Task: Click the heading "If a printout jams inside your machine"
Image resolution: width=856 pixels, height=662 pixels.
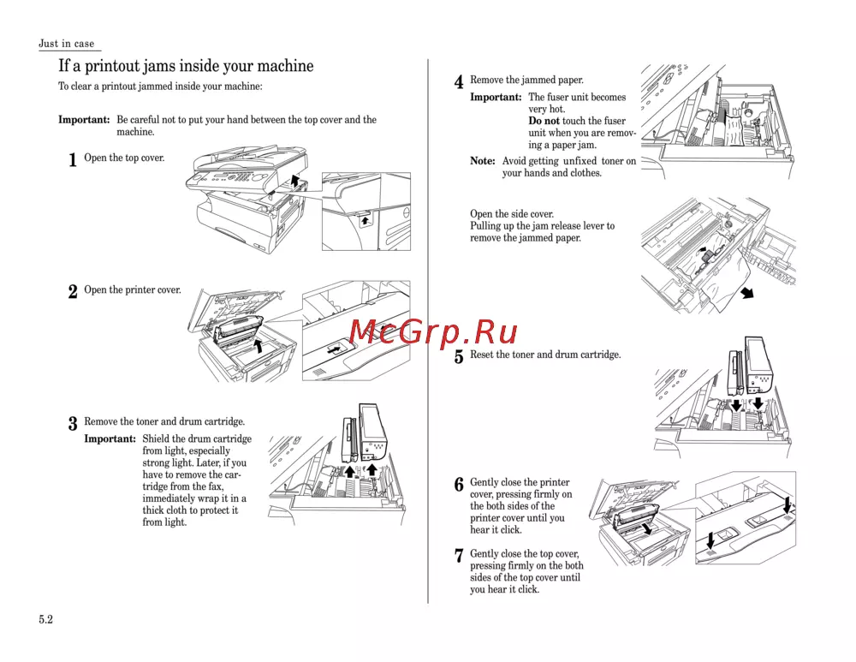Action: click(186, 66)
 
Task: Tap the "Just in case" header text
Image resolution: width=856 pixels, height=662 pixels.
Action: click(67, 44)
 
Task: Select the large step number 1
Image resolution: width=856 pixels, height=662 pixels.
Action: click(73, 160)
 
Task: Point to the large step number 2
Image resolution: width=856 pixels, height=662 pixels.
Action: click(73, 292)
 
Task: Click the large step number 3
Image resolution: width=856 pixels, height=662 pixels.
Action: click(73, 424)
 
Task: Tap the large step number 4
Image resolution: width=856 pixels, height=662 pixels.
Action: click(459, 83)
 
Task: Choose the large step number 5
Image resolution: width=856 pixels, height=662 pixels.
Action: click(459, 357)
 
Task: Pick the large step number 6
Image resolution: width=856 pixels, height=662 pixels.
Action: click(459, 485)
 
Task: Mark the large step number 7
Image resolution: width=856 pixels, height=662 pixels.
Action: click(459, 557)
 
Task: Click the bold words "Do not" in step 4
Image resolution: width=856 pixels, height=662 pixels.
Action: click(544, 122)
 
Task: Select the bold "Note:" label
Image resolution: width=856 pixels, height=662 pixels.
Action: click(483, 161)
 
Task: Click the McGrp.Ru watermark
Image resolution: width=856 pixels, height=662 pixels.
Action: click(433, 330)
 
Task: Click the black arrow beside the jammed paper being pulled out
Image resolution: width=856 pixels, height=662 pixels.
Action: click(747, 295)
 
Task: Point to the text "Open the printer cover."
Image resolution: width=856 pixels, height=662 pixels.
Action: click(133, 290)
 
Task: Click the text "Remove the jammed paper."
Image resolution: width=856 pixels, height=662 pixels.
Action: click(526, 81)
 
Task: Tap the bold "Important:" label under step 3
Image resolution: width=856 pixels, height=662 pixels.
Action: click(110, 439)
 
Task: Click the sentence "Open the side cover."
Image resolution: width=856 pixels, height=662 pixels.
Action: click(512, 214)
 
